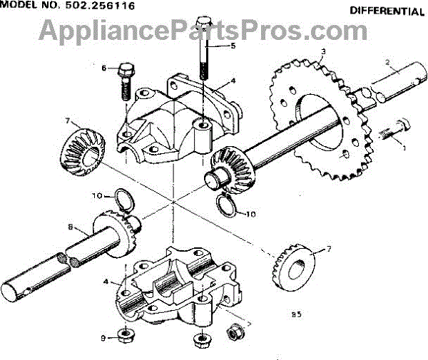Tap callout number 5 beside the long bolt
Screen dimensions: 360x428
[233, 46]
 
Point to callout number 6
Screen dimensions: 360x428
[103, 68]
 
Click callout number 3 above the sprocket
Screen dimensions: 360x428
[323, 51]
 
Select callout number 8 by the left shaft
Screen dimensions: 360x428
[71, 228]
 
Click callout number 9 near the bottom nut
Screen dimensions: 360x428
[103, 338]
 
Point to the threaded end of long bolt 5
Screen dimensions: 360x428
[203, 68]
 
